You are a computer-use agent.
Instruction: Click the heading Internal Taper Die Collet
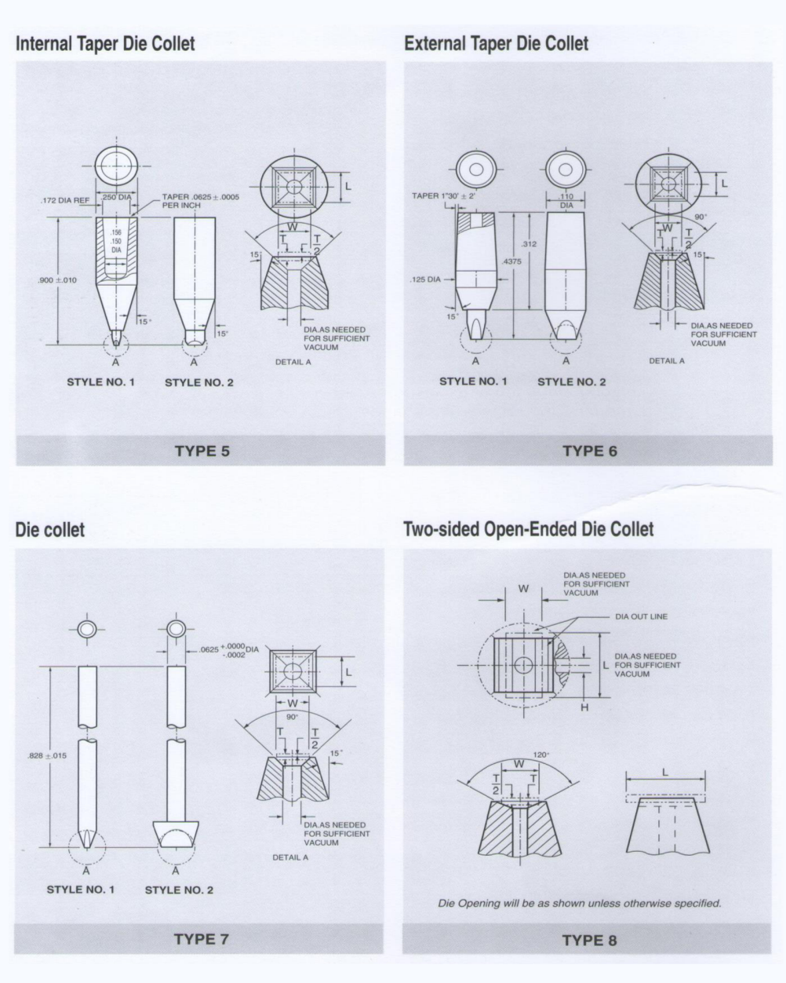click(x=105, y=43)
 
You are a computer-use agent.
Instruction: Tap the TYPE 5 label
click(x=202, y=451)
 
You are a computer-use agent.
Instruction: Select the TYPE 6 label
click(x=589, y=451)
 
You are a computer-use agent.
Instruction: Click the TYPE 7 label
click(x=201, y=939)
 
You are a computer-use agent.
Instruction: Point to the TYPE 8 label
click(x=589, y=940)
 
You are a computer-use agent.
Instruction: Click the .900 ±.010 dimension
click(x=57, y=280)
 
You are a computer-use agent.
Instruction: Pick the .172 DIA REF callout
click(x=65, y=201)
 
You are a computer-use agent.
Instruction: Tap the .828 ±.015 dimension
click(x=46, y=755)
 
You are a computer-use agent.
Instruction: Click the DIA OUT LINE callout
click(x=641, y=616)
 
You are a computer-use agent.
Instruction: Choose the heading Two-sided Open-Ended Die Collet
click(x=528, y=529)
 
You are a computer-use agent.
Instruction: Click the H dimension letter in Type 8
click(x=584, y=707)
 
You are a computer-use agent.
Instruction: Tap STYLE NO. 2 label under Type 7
click(x=179, y=890)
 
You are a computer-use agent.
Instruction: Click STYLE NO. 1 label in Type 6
click(x=473, y=382)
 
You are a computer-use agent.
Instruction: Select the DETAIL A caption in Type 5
click(x=293, y=362)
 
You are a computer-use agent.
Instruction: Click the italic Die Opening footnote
click(x=579, y=903)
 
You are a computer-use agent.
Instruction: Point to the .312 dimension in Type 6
click(x=529, y=244)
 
